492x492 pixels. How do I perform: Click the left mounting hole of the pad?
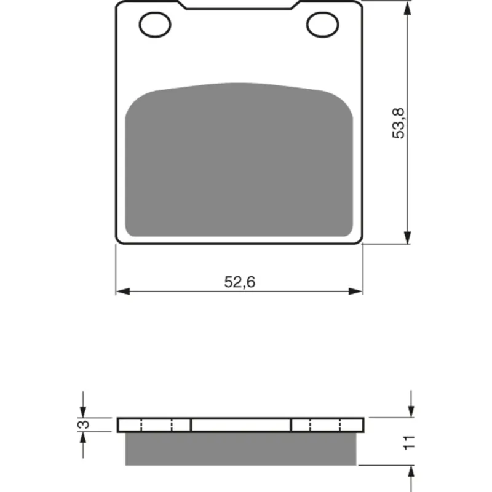pos(155,25)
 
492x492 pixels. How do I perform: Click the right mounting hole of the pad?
pos(322,25)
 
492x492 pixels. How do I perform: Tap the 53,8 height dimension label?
pos(399,123)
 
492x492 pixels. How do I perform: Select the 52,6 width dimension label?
pos(240,282)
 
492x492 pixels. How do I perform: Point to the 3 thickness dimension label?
pos(84,424)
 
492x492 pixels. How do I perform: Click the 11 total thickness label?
pos(409,442)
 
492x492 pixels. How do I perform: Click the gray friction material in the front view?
pos(239,160)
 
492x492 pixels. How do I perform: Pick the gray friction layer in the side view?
pos(240,449)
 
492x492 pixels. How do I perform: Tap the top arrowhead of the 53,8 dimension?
pos(407,7)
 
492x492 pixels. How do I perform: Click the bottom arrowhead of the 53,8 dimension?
pos(407,237)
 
